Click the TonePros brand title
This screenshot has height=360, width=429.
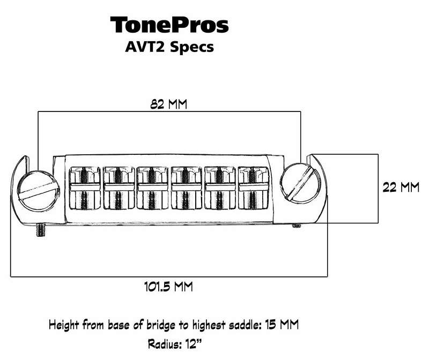(169, 25)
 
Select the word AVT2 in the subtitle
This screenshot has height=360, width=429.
(144, 47)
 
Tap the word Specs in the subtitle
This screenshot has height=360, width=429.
(193, 47)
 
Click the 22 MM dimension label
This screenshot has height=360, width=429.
(400, 188)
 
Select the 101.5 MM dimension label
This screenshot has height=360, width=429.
(168, 286)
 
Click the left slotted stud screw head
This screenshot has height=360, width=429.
(37, 189)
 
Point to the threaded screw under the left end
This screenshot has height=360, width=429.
(40, 229)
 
